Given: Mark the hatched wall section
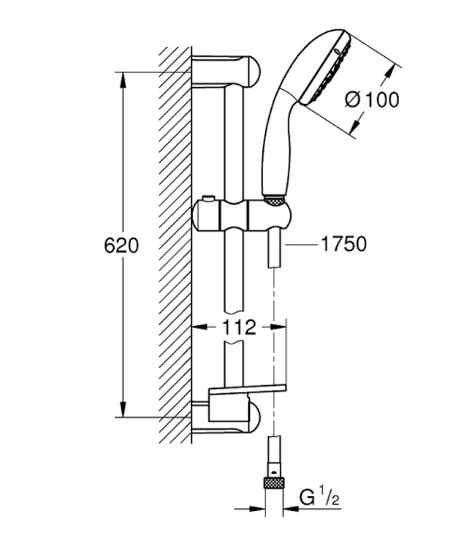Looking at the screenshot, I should pos(175,243).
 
